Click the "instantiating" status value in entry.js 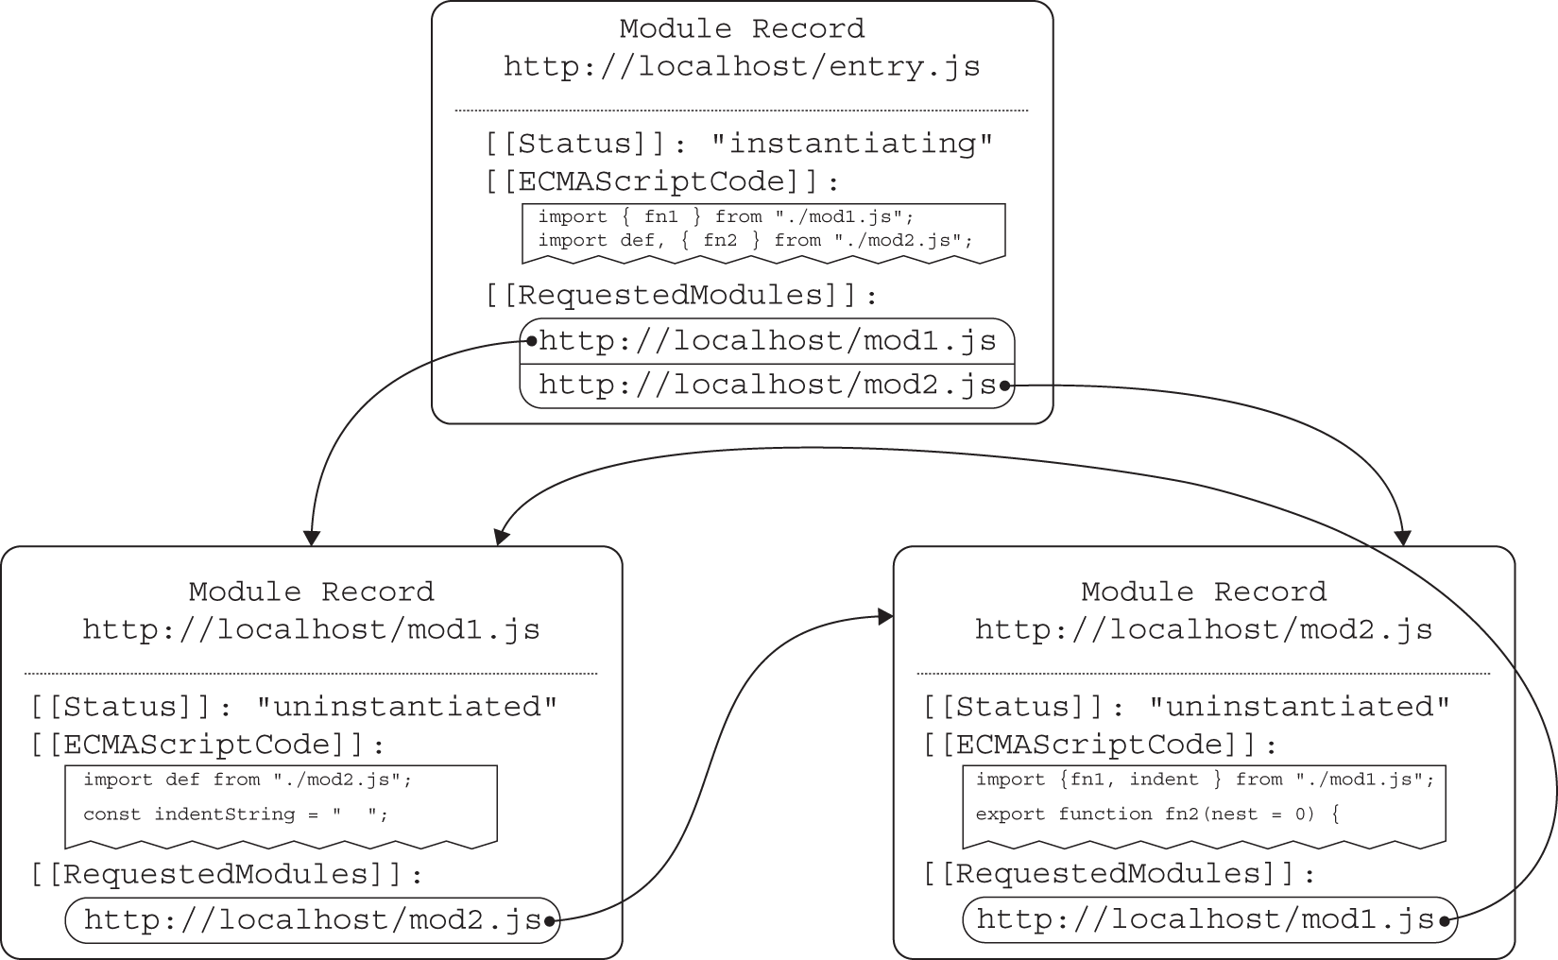click(x=852, y=144)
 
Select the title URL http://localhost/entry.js click(x=742, y=67)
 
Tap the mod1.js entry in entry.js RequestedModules click(x=767, y=341)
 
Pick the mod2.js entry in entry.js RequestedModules click(x=767, y=386)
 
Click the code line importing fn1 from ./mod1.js click(x=726, y=217)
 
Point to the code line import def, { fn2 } click(x=755, y=240)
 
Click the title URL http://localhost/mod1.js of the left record click(x=311, y=630)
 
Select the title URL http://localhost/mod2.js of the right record click(x=1204, y=630)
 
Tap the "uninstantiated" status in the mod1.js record click(x=407, y=707)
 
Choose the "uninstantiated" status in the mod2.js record click(x=1299, y=707)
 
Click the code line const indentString click(x=235, y=814)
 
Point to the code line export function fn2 click(x=1157, y=814)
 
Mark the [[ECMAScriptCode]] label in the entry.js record click(x=662, y=181)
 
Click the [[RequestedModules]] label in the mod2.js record click(x=1120, y=874)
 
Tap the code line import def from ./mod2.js click(x=248, y=780)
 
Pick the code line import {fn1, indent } click(x=1205, y=780)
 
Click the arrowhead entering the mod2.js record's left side click(x=886, y=617)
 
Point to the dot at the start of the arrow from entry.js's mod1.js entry click(x=531, y=341)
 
